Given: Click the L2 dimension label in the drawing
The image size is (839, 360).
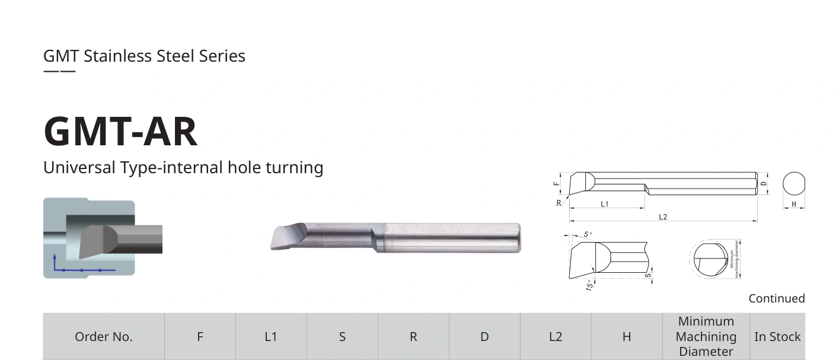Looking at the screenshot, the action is coord(662,217).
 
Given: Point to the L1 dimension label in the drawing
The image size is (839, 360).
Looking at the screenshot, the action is coord(605,204).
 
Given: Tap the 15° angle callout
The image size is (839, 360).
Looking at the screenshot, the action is coord(589,285).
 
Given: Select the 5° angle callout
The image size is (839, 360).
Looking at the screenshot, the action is coord(588,234).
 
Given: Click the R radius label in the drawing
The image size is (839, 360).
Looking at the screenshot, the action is coord(559,203).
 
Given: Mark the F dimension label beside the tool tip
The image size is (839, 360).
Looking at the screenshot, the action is coord(556,184).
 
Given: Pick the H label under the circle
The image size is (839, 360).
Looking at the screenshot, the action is coord(794,204).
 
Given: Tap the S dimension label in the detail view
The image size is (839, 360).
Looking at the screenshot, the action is coord(648,276).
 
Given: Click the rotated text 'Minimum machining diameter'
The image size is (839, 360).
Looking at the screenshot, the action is coord(734,259).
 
